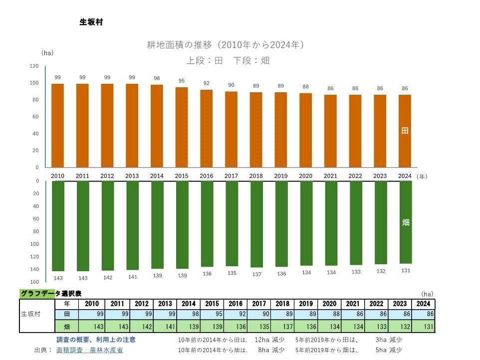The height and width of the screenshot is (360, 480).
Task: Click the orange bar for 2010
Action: (x=58, y=126)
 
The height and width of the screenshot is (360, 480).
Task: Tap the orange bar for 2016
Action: (x=207, y=129)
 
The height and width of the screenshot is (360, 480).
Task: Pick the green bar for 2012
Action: (x=107, y=225)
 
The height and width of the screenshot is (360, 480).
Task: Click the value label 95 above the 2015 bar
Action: (x=182, y=81)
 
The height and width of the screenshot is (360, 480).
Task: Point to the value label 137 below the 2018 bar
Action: (x=256, y=274)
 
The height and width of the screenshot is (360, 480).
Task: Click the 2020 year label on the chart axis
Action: (x=306, y=176)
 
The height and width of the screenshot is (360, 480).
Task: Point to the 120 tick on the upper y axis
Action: (x=34, y=66)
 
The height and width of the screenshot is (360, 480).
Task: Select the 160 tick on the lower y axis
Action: (x=34, y=282)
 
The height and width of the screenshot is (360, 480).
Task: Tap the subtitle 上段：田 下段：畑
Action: (x=228, y=61)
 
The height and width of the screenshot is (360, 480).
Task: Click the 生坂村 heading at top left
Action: (x=91, y=22)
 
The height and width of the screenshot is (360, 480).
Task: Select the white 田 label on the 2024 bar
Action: (x=405, y=131)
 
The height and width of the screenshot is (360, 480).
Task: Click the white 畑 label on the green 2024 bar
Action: (x=405, y=222)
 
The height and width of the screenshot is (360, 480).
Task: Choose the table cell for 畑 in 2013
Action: (x=165, y=327)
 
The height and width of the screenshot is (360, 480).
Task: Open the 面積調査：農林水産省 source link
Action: (x=90, y=350)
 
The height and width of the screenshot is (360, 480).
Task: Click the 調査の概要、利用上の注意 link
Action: (x=96, y=340)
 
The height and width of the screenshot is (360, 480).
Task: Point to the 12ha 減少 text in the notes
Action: (x=269, y=340)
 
